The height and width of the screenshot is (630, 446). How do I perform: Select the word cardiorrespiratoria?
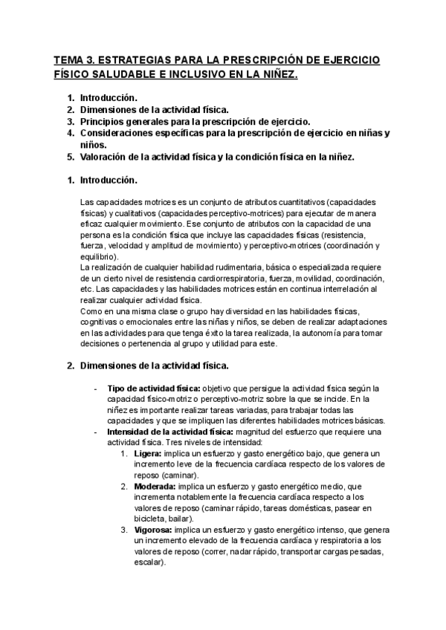click(227, 278)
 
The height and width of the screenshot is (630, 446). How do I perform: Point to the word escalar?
click(148, 562)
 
